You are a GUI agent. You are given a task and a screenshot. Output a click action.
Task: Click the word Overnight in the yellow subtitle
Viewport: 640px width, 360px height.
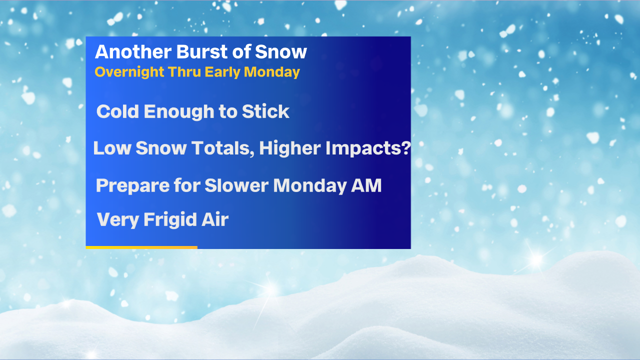tap(129, 72)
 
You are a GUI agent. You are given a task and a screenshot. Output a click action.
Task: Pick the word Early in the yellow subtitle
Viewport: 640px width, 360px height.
tap(222, 72)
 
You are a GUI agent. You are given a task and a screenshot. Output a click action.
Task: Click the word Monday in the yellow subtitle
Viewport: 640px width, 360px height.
tap(271, 72)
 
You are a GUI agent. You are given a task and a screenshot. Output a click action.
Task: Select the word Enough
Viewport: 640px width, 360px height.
tap(179, 112)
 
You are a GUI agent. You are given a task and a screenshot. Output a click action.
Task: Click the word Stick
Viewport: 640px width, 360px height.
tap(265, 111)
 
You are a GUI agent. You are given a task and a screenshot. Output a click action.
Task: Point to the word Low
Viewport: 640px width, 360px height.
tap(112, 148)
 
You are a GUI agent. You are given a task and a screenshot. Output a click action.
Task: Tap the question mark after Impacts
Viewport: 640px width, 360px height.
tap(405, 147)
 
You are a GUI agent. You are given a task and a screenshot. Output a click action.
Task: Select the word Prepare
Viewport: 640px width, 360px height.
tap(132, 186)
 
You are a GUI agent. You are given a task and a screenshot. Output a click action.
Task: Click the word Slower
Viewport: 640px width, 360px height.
tap(236, 185)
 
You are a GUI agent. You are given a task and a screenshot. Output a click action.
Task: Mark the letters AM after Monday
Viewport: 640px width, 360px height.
tap(366, 185)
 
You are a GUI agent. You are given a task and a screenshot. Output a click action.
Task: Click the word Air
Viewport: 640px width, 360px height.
tap(215, 219)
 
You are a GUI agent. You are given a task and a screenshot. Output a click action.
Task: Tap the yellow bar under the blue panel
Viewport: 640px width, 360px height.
tap(141, 247)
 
